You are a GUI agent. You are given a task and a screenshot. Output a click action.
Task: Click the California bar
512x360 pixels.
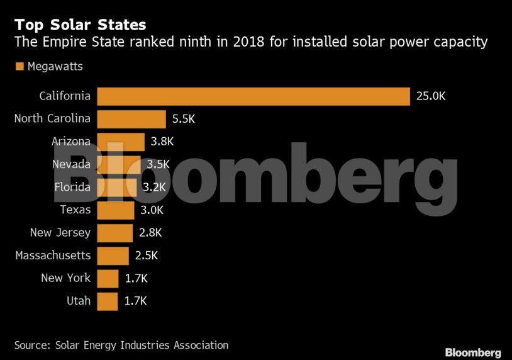click(253, 96)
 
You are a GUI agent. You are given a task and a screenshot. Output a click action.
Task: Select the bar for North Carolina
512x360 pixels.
click(131, 119)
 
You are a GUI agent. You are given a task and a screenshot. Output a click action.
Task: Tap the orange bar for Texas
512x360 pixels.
click(116, 210)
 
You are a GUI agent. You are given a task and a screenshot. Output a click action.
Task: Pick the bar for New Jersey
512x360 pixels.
click(114, 233)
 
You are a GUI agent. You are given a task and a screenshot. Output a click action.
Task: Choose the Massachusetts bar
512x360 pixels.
click(113, 256)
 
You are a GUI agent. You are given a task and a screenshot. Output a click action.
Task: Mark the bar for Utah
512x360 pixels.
click(108, 301)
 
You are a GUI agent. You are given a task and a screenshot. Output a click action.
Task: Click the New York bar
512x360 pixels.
click(108, 278)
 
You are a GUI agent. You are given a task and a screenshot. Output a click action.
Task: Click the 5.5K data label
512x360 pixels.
click(184, 119)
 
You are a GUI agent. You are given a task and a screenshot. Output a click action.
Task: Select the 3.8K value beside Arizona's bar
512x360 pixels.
click(162, 142)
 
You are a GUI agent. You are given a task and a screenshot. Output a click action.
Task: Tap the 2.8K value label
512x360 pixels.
click(150, 233)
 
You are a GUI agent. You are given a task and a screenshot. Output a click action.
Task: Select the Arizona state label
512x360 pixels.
click(70, 142)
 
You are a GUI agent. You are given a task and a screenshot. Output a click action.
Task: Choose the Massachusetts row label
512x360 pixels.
click(53, 256)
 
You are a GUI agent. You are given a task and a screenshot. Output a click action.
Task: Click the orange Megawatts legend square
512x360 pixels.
click(19, 66)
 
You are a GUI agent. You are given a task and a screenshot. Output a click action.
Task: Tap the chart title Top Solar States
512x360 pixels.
click(80, 25)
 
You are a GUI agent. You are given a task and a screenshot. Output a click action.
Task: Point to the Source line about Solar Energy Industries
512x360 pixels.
click(121, 345)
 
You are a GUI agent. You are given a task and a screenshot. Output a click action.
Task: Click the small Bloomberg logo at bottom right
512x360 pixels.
click(472, 352)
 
